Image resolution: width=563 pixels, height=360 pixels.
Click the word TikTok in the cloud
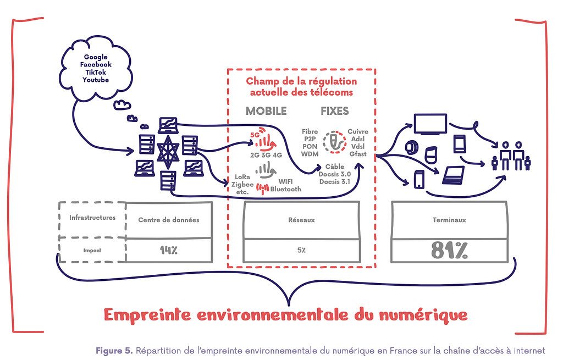(96, 72)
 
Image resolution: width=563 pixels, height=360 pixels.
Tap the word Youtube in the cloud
(96, 80)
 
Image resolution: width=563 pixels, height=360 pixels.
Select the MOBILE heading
(266, 111)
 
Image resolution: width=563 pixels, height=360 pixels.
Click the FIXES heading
(335, 111)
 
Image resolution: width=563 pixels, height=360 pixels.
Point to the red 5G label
(255, 135)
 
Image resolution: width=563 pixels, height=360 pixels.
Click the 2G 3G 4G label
(266, 155)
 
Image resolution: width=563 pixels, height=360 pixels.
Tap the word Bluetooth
(285, 189)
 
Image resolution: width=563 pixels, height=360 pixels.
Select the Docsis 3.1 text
(335, 181)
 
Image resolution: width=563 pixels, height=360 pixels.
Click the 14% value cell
(169, 250)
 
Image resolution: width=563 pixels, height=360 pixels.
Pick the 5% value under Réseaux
(301, 250)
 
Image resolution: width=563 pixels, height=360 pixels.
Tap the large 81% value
(449, 250)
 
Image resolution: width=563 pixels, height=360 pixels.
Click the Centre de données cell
(169, 220)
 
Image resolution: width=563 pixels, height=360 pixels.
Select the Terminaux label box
(449, 220)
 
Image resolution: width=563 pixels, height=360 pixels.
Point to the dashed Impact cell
(92, 250)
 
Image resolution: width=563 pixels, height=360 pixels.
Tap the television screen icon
(430, 124)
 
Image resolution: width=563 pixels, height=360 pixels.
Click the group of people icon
(511, 156)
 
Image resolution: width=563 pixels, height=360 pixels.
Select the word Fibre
(310, 131)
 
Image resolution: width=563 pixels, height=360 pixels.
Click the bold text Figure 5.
(114, 351)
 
